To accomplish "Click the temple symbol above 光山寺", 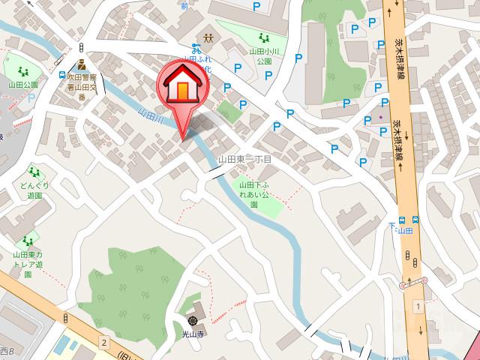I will pyautogui.click(x=193, y=319).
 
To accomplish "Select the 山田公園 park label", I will pyautogui.click(x=25, y=85).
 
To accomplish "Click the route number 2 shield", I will pyautogui.click(x=104, y=343).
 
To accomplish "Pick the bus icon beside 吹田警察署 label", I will pyautogui.click(x=61, y=75).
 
